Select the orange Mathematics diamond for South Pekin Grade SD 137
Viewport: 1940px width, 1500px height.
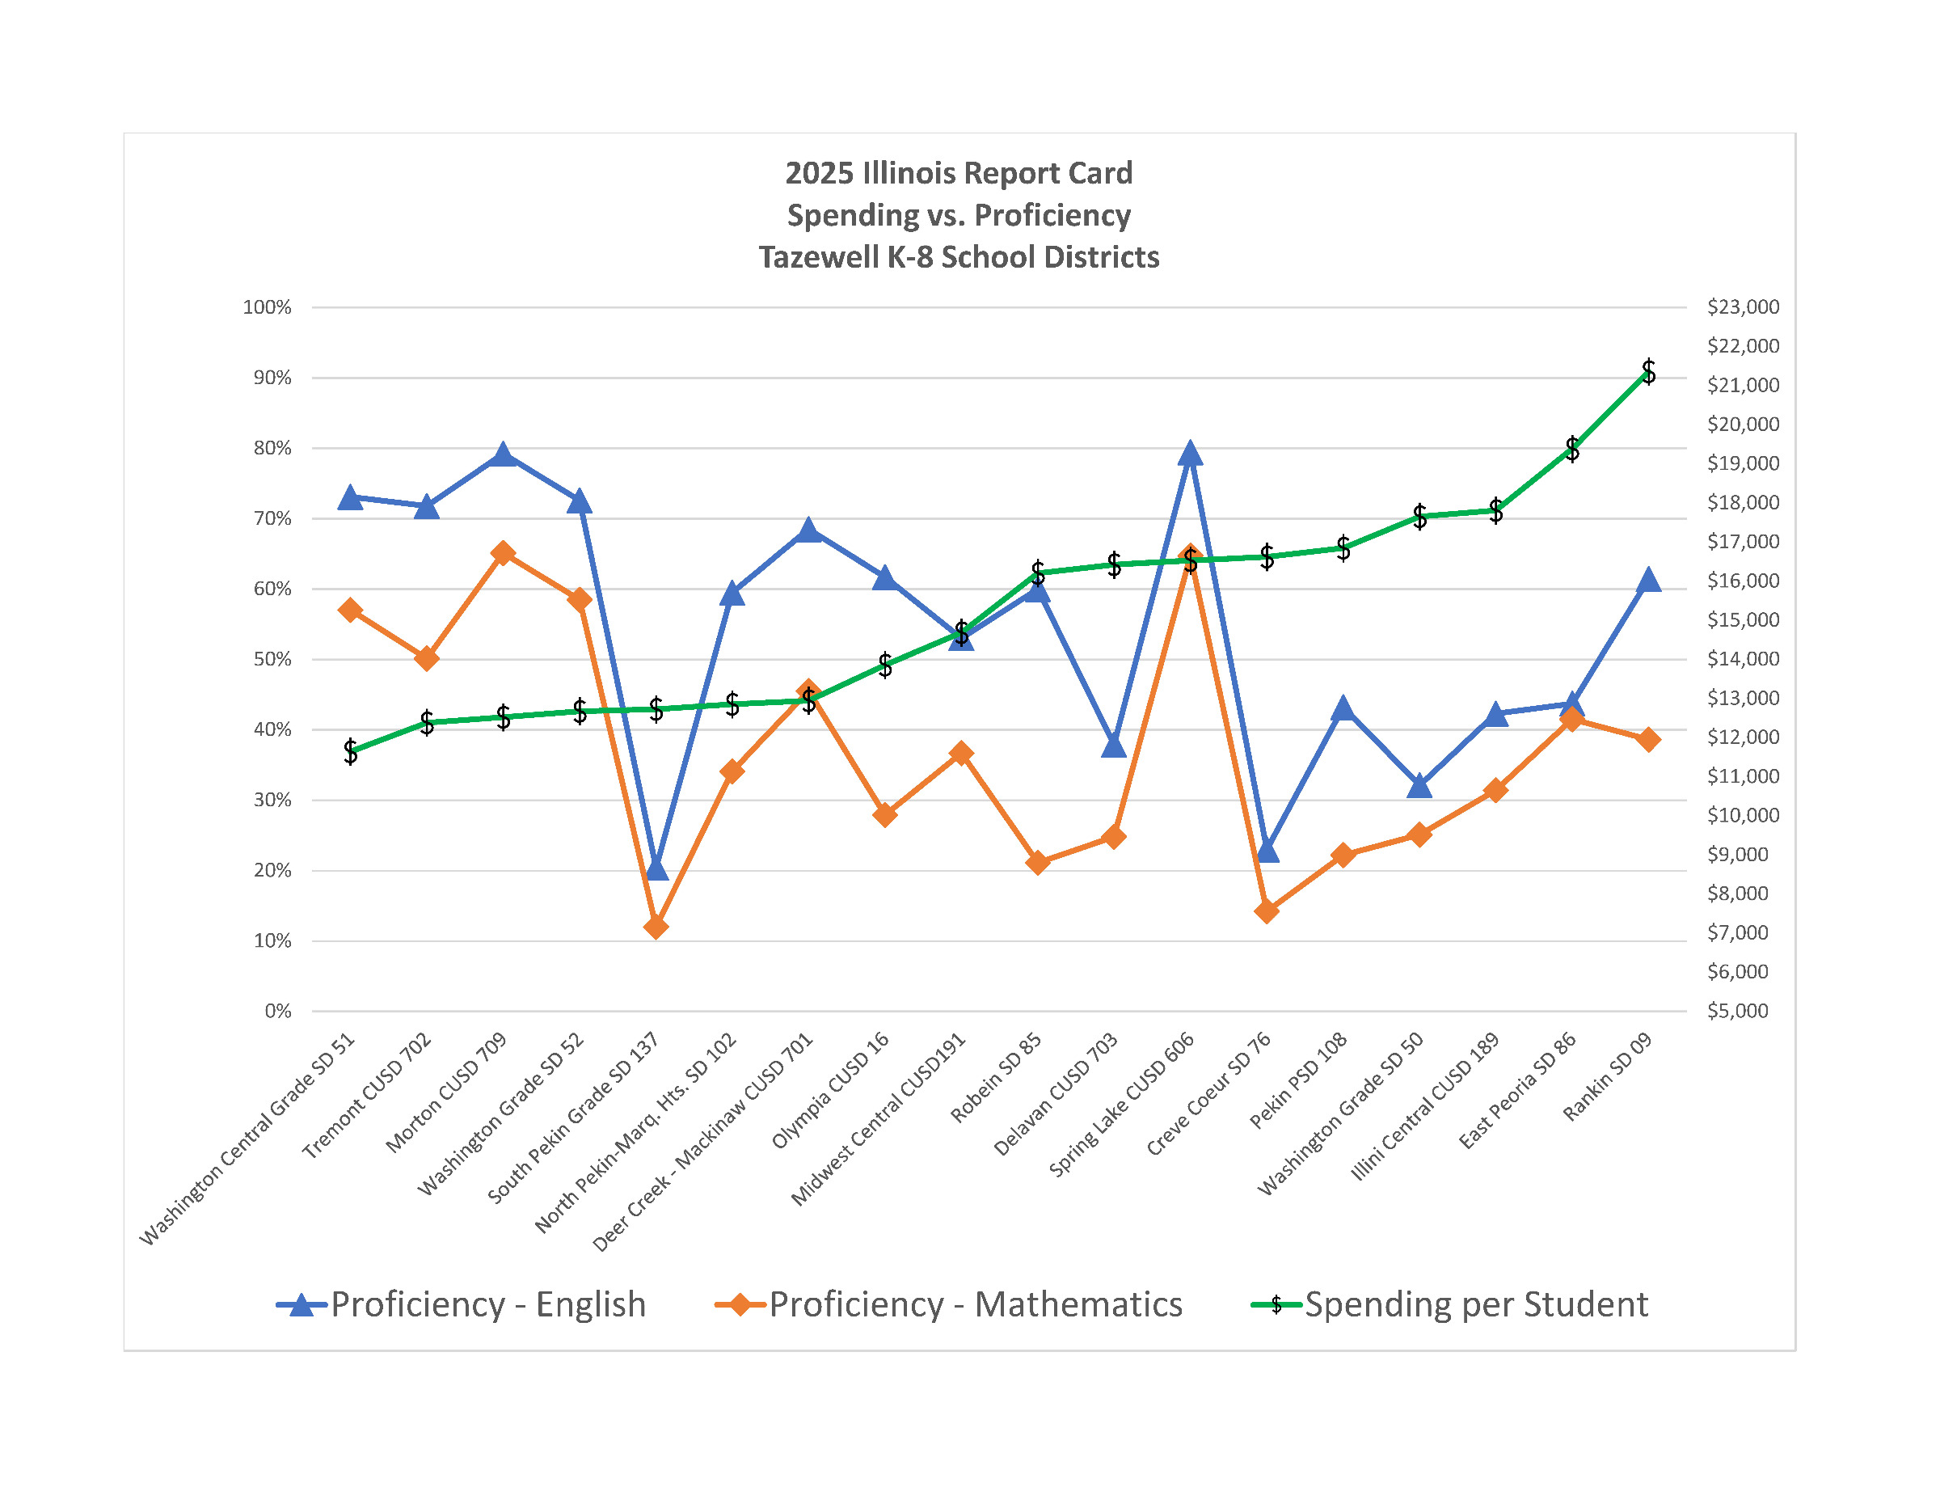[656, 927]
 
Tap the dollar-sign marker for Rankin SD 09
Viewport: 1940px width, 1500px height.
[1649, 371]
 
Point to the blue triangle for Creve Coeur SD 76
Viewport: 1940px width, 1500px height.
[1267, 851]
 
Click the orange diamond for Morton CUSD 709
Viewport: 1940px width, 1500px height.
[503, 554]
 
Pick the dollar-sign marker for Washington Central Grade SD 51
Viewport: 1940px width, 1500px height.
[351, 752]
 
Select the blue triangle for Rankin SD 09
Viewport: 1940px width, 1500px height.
[1649, 581]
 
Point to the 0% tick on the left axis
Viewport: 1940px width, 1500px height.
[277, 1012]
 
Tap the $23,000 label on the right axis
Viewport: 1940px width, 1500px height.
[1743, 307]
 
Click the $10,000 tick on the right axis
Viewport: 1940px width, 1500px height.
[1743, 816]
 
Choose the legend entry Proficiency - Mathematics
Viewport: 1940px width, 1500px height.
[974, 1305]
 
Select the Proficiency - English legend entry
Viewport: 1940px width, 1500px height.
[487, 1305]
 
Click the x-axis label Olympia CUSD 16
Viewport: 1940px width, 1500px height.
[830, 1090]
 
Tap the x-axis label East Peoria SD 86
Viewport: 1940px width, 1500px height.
[1517, 1090]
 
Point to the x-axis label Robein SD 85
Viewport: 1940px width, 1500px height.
[996, 1079]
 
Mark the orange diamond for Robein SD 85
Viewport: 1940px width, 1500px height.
[1038, 863]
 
